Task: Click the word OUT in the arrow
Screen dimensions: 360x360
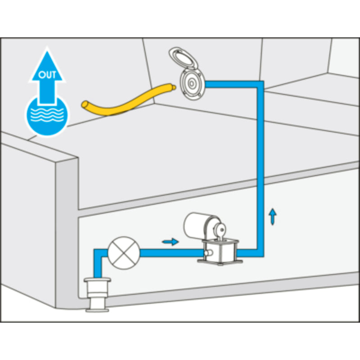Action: click(47, 75)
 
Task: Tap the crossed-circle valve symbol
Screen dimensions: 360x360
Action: click(124, 253)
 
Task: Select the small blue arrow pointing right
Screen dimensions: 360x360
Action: click(171, 242)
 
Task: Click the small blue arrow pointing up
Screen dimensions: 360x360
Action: click(273, 217)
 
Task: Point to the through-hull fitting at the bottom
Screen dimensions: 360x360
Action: click(97, 295)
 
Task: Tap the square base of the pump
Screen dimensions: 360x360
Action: click(220, 252)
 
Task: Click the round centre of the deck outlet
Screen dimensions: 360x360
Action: click(191, 84)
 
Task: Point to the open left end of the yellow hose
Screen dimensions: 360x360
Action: click(85, 104)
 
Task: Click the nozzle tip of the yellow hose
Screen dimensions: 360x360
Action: click(174, 87)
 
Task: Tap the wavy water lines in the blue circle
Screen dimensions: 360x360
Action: click(47, 114)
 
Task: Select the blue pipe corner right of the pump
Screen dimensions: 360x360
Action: click(261, 253)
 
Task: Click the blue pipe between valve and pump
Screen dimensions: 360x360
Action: click(171, 253)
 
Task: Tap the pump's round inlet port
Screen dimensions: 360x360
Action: click(208, 253)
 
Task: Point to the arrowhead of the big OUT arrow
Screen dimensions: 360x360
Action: click(47, 65)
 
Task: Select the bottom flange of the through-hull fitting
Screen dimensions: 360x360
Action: click(97, 310)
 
